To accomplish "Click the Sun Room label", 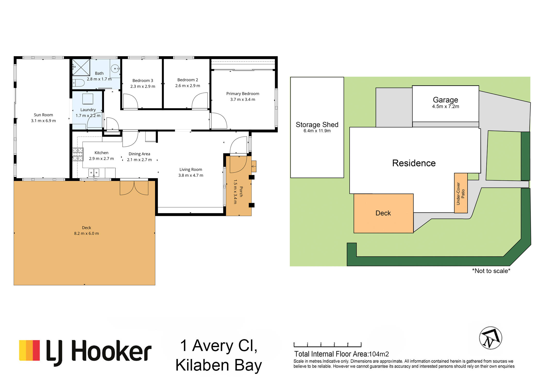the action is (43, 115).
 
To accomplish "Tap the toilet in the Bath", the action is (79, 83).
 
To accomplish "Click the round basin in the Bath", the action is (115, 69).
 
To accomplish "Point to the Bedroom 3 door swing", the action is (131, 101).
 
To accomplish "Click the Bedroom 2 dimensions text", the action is (188, 86).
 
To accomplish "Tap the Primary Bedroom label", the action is (243, 94).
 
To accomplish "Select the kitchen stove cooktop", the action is (78, 154).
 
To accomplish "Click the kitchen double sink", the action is (94, 172).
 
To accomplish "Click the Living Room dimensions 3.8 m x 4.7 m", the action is (191, 176).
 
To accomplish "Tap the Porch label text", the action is (241, 192).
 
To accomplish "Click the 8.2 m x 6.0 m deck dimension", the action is (86, 233).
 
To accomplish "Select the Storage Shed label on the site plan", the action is (317, 125).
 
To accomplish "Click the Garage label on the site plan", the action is (445, 100).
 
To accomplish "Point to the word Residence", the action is (414, 163).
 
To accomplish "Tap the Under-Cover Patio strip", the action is (461, 193).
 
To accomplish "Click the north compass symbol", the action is (491, 338).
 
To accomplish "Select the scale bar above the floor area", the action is (327, 345).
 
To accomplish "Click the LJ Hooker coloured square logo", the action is (29, 350).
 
